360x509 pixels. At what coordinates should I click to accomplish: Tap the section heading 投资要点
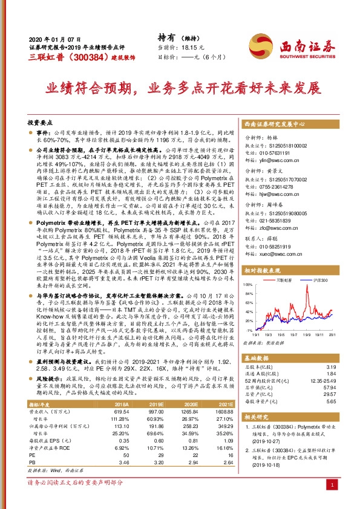pyautogui.click(x=42, y=122)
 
